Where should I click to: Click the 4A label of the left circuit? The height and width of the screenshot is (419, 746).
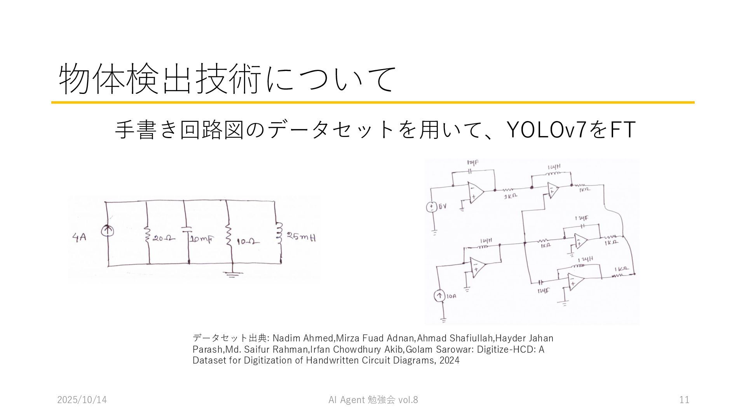pyautogui.click(x=79, y=237)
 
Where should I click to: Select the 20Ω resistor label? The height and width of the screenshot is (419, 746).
pyautogui.click(x=164, y=239)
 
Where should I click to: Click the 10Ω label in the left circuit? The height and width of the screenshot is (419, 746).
pyautogui.click(x=248, y=242)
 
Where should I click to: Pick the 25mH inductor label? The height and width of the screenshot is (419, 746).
pyautogui.click(x=302, y=236)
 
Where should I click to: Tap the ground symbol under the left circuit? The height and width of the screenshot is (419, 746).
pyautogui.click(x=232, y=275)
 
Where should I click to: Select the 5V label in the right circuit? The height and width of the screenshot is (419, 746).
pyautogui.click(x=443, y=206)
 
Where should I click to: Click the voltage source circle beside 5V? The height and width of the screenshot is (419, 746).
pyautogui.click(x=431, y=207)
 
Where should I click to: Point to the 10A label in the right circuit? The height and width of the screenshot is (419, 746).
pyautogui.click(x=451, y=296)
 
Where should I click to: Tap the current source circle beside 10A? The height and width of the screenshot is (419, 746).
pyautogui.click(x=439, y=296)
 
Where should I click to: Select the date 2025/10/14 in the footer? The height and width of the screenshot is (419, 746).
pyautogui.click(x=82, y=400)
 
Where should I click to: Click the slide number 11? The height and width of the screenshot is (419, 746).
pyautogui.click(x=684, y=400)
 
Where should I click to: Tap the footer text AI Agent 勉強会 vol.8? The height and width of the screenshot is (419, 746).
pyautogui.click(x=373, y=400)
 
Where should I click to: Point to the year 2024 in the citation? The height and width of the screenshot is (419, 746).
pyautogui.click(x=450, y=360)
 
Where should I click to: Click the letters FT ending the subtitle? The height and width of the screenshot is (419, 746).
pyautogui.click(x=623, y=130)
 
